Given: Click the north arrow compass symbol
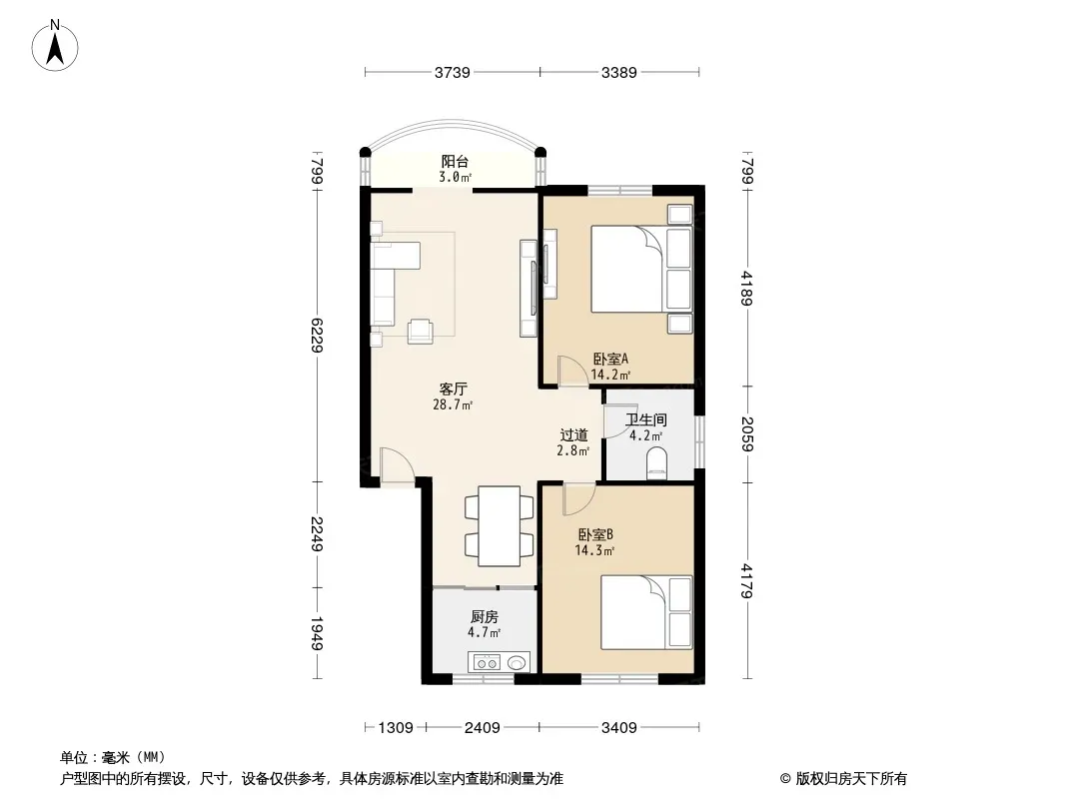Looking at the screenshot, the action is pyautogui.click(x=55, y=46).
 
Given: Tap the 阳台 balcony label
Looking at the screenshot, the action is pyautogui.click(x=455, y=162).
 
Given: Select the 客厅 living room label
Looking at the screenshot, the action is pyautogui.click(x=453, y=389).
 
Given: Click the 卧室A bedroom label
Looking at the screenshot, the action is pyautogui.click(x=610, y=359).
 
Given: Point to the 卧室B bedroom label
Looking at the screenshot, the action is pyautogui.click(x=595, y=535).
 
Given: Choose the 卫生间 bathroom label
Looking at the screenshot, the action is pyautogui.click(x=646, y=420).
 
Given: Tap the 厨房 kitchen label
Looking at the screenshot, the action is pyautogui.click(x=485, y=616).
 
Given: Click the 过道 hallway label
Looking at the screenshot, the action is pyautogui.click(x=573, y=434).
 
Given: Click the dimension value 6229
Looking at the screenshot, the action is pyautogui.click(x=317, y=335).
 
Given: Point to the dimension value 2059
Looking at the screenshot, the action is pyautogui.click(x=747, y=433).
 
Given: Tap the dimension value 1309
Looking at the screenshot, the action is pyautogui.click(x=396, y=728).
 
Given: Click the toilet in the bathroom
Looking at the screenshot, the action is pyautogui.click(x=656, y=463).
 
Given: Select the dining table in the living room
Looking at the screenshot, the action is pyautogui.click(x=500, y=526).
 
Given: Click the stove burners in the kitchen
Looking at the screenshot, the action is pyautogui.click(x=487, y=662).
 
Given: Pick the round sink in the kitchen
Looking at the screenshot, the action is pyautogui.click(x=518, y=662).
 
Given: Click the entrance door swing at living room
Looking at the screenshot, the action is pyautogui.click(x=398, y=465).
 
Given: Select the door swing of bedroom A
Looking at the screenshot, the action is pyautogui.click(x=572, y=372).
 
